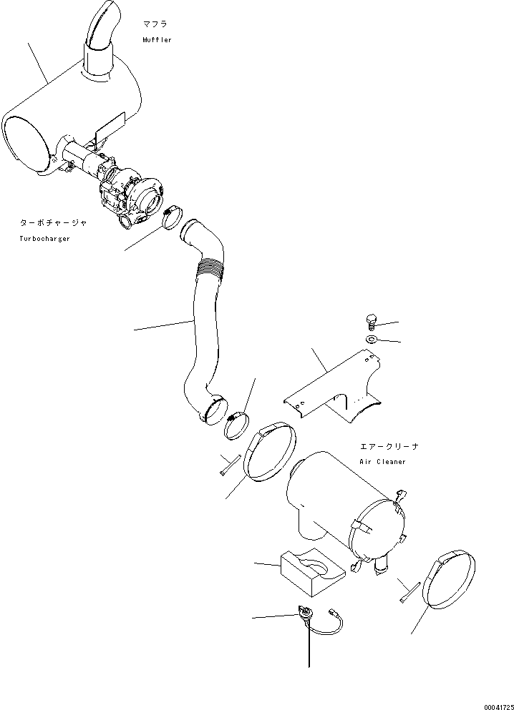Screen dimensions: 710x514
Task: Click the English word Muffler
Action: pyautogui.click(x=157, y=40)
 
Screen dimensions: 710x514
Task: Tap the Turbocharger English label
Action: pyautogui.click(x=44, y=238)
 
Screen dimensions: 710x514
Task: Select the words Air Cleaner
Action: pyautogui.click(x=382, y=462)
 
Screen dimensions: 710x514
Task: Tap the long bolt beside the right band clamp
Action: pyautogui.click(x=409, y=592)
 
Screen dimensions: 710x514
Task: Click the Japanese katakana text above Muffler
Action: pyautogui.click(x=156, y=24)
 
